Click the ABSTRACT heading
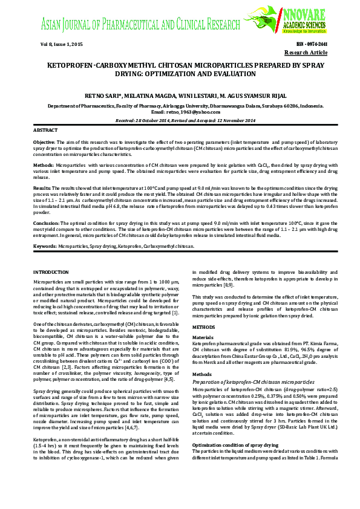pyautogui.click(x=46, y=130)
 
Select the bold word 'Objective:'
pyautogui.click(x=44, y=140)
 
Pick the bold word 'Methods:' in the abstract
pyautogui.click(x=44, y=164)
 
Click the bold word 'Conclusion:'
pyautogui.click(x=47, y=223)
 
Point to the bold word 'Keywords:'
pyautogui.click(x=45, y=247)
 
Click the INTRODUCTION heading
pyautogui.click(x=51, y=273)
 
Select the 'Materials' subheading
pyautogui.click(x=203, y=337)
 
